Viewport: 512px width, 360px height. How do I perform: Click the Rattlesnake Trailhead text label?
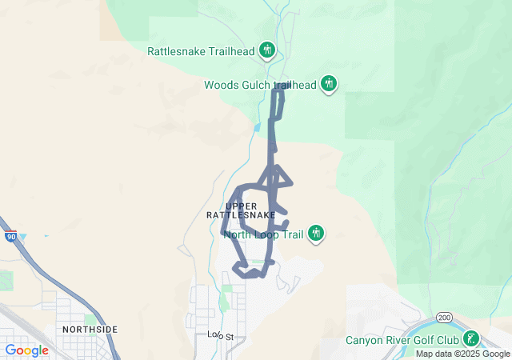click(200, 51)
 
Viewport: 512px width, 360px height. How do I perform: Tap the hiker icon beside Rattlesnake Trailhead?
click(267, 51)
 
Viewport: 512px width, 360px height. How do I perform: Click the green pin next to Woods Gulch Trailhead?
click(328, 83)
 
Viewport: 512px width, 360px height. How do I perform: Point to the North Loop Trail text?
click(264, 234)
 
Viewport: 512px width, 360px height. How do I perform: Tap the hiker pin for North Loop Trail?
click(316, 234)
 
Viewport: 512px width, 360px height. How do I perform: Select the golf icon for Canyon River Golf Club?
click(472, 339)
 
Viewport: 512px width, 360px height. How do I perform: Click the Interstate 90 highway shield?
click(10, 238)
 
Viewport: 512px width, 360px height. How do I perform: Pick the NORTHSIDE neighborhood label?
click(90, 330)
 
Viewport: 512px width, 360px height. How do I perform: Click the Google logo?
click(26, 350)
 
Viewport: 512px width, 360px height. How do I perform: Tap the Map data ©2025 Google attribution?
click(462, 354)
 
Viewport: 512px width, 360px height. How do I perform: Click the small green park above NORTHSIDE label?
click(90, 319)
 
